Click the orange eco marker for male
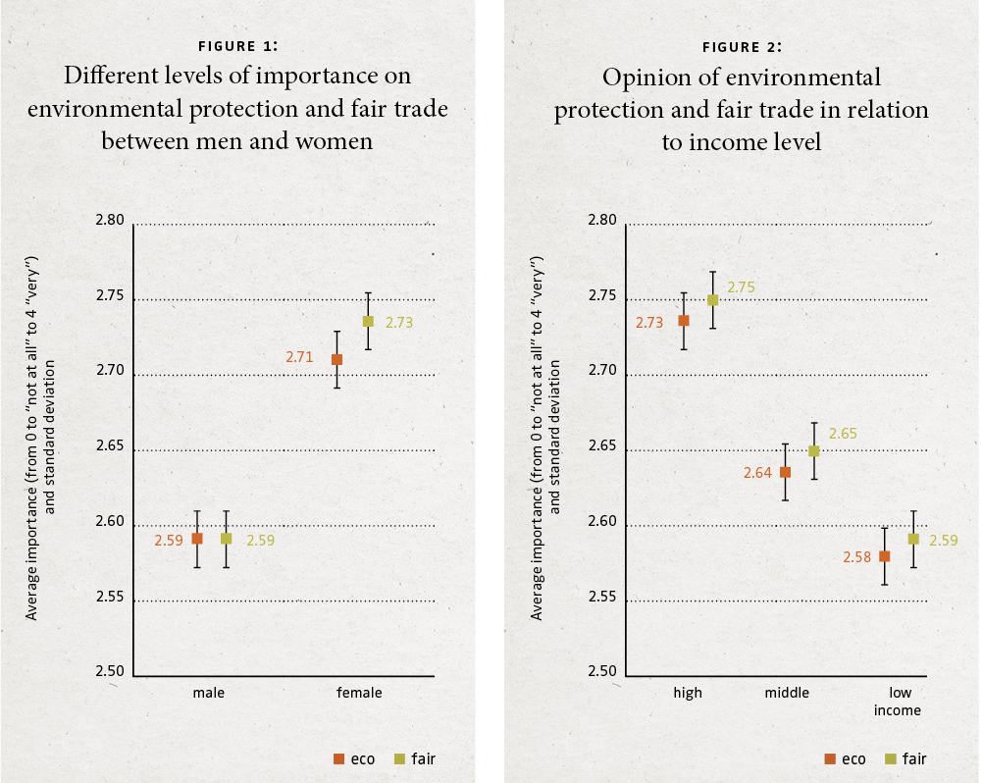click(x=197, y=539)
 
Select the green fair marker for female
click(x=368, y=321)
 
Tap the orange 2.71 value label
click(x=299, y=357)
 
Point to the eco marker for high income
click(x=684, y=321)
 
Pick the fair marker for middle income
click(x=813, y=451)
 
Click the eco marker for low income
click(x=884, y=556)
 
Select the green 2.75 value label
click(x=742, y=288)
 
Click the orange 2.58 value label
click(x=856, y=557)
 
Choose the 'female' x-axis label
click(x=359, y=693)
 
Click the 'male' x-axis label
click(x=209, y=693)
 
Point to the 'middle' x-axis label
click(x=787, y=693)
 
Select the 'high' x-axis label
click(x=688, y=693)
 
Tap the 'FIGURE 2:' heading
click(x=742, y=46)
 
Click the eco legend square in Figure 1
click(x=338, y=758)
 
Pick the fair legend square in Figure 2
click(x=890, y=758)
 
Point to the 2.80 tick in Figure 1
click(x=110, y=221)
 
